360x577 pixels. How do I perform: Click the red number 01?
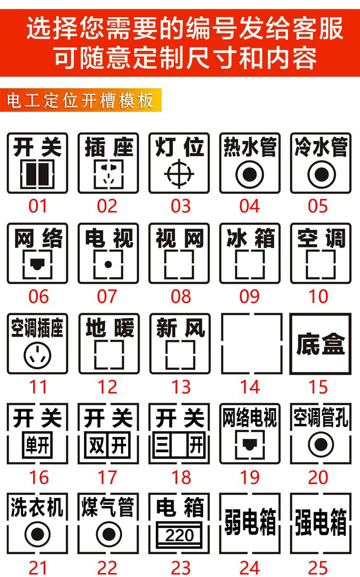click(x=37, y=206)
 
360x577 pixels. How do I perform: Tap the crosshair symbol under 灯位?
click(x=179, y=174)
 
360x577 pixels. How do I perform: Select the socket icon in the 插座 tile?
click(x=108, y=174)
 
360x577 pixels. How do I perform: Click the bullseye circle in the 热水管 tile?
click(x=250, y=175)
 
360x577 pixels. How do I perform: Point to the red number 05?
click(x=318, y=206)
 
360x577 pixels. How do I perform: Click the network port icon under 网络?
click(x=37, y=264)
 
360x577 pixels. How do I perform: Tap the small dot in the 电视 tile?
click(x=108, y=264)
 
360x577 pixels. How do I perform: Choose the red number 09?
click(x=249, y=296)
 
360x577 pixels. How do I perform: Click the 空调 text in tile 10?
click(x=321, y=238)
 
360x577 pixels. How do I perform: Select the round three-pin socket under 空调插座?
click(x=37, y=355)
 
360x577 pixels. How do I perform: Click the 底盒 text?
click(x=321, y=344)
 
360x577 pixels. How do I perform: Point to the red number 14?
click(x=250, y=387)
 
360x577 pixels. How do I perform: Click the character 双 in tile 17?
click(x=96, y=445)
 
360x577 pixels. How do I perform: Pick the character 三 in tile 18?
click(x=162, y=445)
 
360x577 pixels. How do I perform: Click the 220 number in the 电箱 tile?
click(x=180, y=535)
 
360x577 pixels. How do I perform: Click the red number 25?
click(x=318, y=568)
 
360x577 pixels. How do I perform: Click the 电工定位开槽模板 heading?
click(x=80, y=100)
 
